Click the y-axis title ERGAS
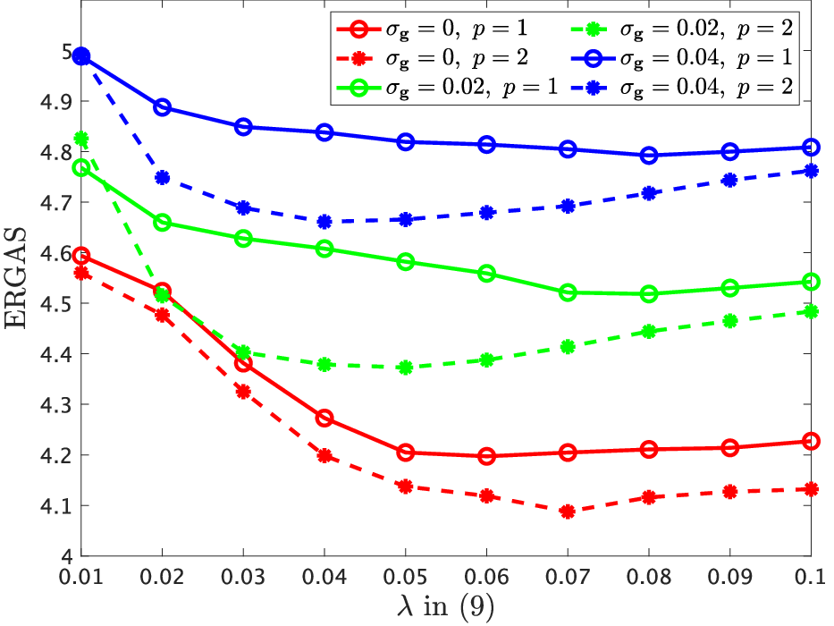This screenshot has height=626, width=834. (15, 277)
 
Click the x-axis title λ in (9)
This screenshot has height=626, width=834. (446, 605)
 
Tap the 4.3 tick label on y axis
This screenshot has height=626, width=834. (57, 404)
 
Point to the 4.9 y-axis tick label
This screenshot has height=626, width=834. (57, 101)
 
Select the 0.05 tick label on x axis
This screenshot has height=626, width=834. (405, 577)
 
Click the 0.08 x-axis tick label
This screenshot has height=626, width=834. (649, 577)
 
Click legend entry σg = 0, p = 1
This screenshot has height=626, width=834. (432, 29)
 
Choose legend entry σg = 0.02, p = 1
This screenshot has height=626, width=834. (447, 88)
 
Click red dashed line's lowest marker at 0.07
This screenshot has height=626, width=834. (568, 512)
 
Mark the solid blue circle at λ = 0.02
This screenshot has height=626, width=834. (162, 107)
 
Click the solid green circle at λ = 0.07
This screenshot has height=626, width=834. (568, 292)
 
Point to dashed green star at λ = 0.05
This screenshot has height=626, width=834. (405, 368)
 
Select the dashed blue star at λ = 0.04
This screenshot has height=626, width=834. (324, 222)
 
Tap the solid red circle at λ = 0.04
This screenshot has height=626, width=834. (324, 418)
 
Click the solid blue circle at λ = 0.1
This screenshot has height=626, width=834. (811, 147)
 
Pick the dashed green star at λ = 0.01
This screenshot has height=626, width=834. (81, 139)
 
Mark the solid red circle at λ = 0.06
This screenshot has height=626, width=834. (486, 456)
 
